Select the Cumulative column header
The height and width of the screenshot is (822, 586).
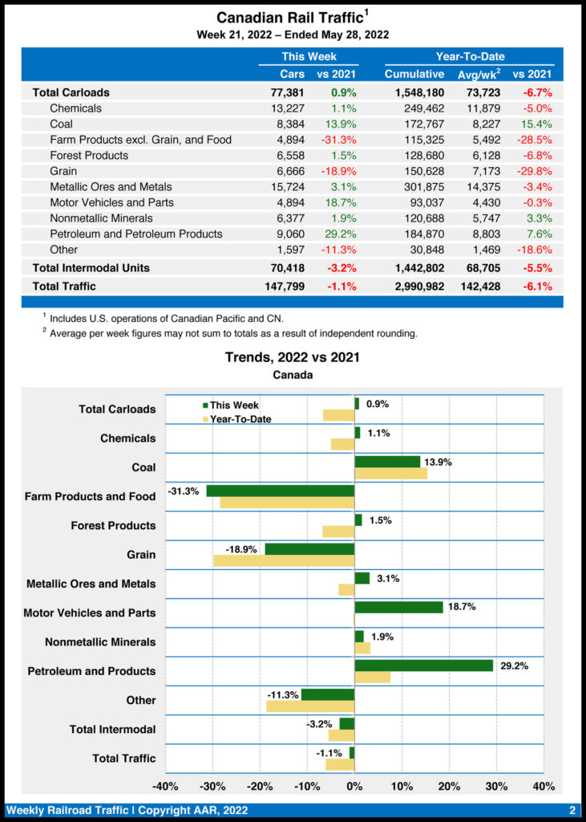[x=414, y=74]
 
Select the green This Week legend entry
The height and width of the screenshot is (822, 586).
[x=233, y=405]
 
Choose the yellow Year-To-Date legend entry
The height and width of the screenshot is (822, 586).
[x=240, y=419]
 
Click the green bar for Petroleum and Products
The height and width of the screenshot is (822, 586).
[x=423, y=665]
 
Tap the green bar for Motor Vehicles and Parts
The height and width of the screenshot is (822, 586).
[x=398, y=607]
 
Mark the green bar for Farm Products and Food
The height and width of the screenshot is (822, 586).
[x=280, y=490]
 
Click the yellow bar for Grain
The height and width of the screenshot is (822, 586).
[x=284, y=560]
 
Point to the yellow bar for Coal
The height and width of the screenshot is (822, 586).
[x=390, y=474]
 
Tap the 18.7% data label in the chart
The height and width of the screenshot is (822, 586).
[x=462, y=607]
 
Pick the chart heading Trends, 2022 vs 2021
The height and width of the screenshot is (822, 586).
[x=292, y=356]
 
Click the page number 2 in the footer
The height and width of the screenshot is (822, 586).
[x=572, y=810]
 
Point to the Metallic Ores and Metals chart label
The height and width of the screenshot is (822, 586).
[x=91, y=584]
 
